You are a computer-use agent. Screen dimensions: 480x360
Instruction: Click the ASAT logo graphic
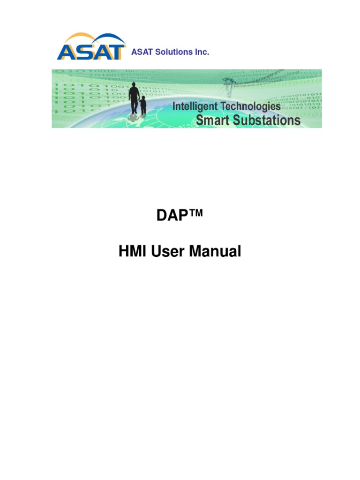[x=91, y=46]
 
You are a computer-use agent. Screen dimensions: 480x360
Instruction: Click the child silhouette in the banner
[x=143, y=105]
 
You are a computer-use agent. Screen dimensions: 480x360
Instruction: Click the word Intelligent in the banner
[x=195, y=107]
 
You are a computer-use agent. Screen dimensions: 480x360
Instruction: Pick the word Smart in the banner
[x=211, y=120]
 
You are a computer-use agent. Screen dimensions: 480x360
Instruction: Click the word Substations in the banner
[x=265, y=120]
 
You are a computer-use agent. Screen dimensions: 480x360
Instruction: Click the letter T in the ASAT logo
[x=117, y=52]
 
